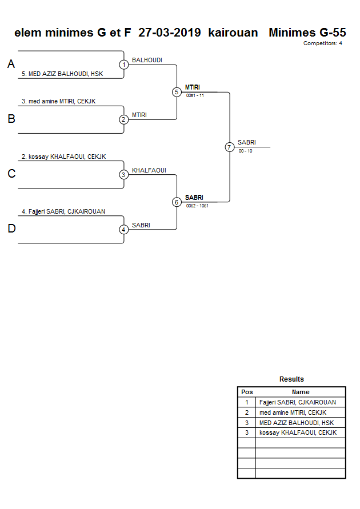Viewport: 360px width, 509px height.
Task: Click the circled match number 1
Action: click(123, 65)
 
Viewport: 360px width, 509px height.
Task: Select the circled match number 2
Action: click(123, 119)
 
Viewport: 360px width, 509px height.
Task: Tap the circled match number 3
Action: click(123, 175)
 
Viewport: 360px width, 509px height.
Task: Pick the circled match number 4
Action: click(123, 230)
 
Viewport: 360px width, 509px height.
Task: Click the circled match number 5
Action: click(177, 92)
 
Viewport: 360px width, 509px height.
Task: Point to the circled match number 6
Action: click(177, 202)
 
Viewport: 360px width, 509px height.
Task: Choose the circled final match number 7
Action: click(230, 147)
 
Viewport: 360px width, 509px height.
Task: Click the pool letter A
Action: click(11, 65)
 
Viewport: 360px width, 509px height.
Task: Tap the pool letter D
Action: click(11, 229)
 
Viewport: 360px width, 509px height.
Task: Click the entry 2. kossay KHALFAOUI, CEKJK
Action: click(64, 157)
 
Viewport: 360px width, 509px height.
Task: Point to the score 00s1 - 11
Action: click(195, 96)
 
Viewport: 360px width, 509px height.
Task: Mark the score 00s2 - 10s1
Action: click(197, 206)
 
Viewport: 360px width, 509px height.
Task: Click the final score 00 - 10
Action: click(246, 151)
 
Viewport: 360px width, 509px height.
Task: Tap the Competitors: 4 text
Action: click(322, 43)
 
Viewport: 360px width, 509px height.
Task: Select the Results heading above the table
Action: click(291, 379)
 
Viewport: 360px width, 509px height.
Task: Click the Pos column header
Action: click(246, 392)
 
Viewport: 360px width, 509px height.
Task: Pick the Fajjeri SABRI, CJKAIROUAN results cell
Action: click(297, 402)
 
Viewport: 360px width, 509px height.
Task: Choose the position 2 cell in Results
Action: click(246, 412)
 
